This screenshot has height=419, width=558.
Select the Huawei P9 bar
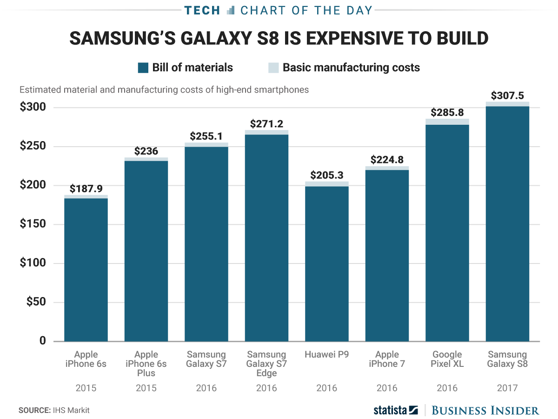click(x=327, y=263)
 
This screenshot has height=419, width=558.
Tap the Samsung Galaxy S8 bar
click(x=507, y=223)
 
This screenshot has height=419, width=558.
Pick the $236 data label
click(x=146, y=151)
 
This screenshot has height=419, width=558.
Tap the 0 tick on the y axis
click(x=42, y=341)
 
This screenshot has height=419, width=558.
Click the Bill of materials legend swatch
click(x=143, y=68)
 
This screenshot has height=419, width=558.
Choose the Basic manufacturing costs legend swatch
click(x=273, y=68)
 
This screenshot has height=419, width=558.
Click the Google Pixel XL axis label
click(x=447, y=359)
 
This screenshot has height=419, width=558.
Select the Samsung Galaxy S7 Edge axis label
click(x=266, y=364)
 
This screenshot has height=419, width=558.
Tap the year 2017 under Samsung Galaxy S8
click(x=507, y=388)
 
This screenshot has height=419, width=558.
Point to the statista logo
click(x=395, y=410)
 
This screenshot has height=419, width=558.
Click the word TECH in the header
click(x=202, y=10)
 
